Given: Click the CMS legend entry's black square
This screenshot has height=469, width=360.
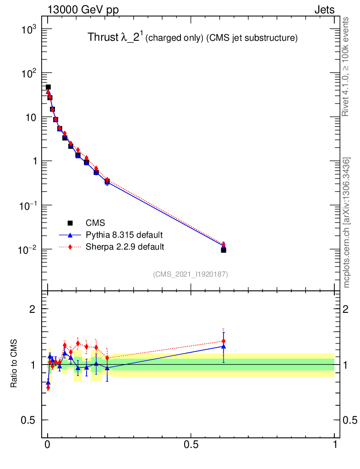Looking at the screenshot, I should (x=70, y=223).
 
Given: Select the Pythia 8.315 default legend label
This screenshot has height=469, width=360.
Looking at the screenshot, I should (x=124, y=235).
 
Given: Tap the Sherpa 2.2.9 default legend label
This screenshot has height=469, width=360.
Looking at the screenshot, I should (x=125, y=247).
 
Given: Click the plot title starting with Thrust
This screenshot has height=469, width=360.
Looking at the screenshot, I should (x=192, y=38).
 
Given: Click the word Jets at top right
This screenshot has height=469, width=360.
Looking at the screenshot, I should (x=324, y=10).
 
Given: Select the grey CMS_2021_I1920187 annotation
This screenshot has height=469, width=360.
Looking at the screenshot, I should (x=191, y=274).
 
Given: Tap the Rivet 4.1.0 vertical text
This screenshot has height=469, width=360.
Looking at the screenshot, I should (x=346, y=66).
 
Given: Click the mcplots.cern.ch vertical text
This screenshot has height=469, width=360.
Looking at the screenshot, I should (x=346, y=222).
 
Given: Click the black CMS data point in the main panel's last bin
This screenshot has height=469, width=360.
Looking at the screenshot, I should (x=224, y=250).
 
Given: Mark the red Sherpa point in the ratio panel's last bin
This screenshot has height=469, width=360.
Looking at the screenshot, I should (x=224, y=341).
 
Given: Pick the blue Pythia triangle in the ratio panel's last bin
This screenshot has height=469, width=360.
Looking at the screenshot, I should (x=224, y=346).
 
